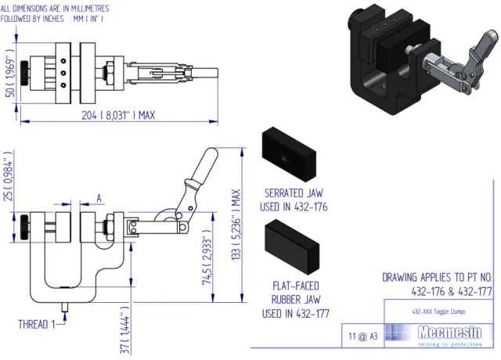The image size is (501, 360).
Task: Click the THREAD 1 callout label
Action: pos(35,322)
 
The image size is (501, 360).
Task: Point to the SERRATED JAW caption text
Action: pos(294,200)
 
